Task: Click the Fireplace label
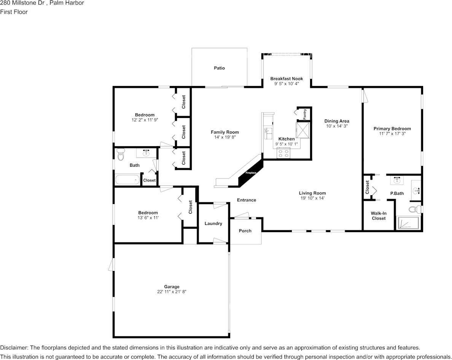pyautogui.click(x=251, y=173)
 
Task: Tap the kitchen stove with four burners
pyautogui.click(x=283, y=153)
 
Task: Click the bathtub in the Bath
pyautogui.click(x=127, y=179)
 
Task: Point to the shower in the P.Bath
pyautogui.click(x=408, y=223)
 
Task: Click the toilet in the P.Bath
pyautogui.click(x=414, y=209)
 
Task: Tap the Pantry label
pyautogui.click(x=305, y=114)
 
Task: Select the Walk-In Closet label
pyautogui.click(x=379, y=216)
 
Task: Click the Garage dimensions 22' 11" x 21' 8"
pyautogui.click(x=172, y=292)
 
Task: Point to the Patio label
pyautogui.click(x=219, y=68)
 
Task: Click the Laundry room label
pyautogui.click(x=213, y=223)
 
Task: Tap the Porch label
pyautogui.click(x=245, y=231)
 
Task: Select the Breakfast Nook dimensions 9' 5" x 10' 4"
pyautogui.click(x=286, y=83)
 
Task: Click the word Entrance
pyautogui.click(x=247, y=200)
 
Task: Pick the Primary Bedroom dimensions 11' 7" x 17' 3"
pyautogui.click(x=392, y=134)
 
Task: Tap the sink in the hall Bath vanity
pyautogui.click(x=146, y=153)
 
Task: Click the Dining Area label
pyautogui.click(x=337, y=121)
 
